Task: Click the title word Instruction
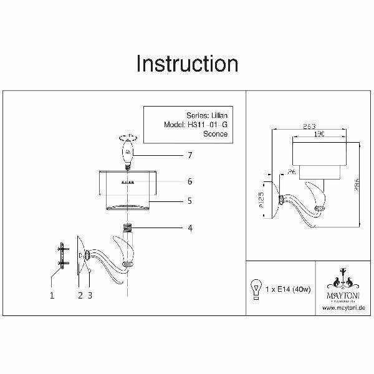click(x=186, y=64)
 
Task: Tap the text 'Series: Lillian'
click(x=207, y=115)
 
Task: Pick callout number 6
click(x=189, y=181)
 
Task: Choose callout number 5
click(x=189, y=201)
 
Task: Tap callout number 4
click(x=189, y=228)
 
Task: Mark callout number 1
click(x=53, y=296)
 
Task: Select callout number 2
click(x=80, y=296)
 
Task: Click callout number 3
click(x=91, y=296)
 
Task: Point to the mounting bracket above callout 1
click(x=62, y=255)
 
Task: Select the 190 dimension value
click(x=318, y=133)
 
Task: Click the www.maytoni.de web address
click(x=342, y=307)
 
